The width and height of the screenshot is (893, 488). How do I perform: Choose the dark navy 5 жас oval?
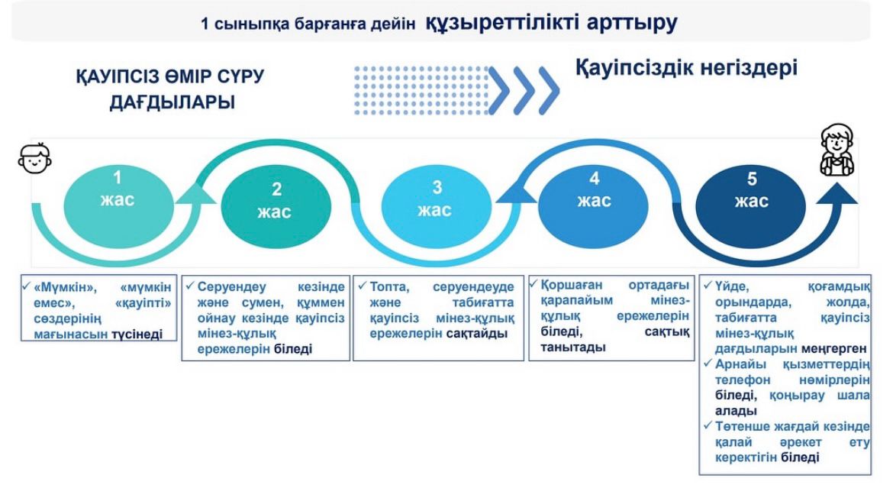pos(751,192)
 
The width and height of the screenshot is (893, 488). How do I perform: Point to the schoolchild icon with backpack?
pos(837,151)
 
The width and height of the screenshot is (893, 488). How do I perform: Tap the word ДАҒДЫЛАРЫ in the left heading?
pos(172,102)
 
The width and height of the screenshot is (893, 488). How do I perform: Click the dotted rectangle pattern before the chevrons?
pos(419,89)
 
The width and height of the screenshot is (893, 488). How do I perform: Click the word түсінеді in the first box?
pos(137,334)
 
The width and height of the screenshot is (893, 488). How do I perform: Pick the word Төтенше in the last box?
pos(742,425)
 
